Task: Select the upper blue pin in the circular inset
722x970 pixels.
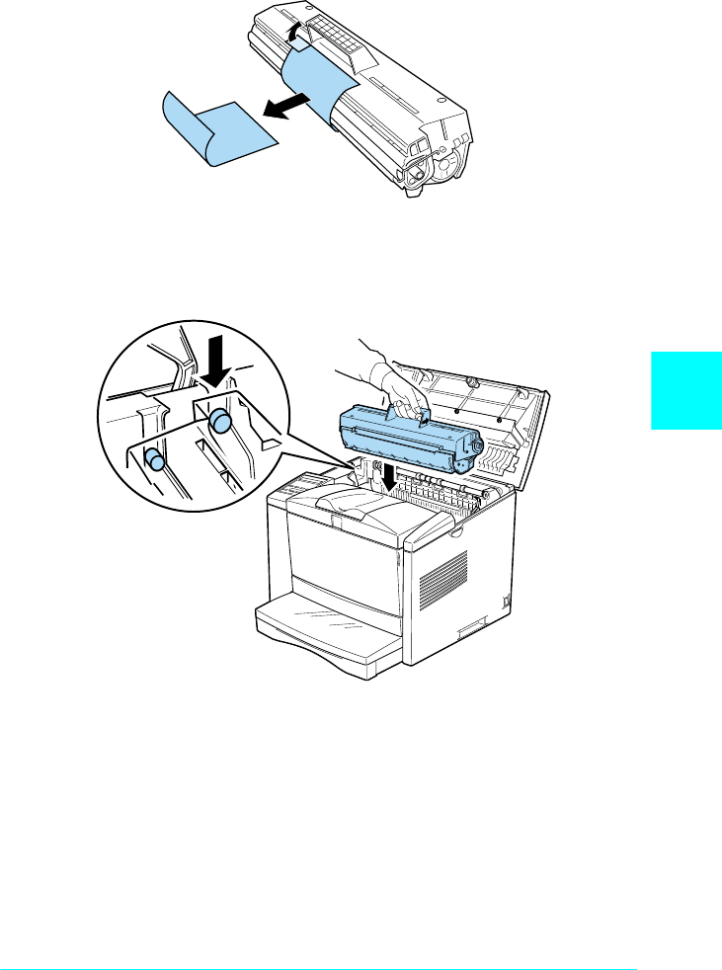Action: [x=220, y=423]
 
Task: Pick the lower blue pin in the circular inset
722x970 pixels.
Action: [x=154, y=460]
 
